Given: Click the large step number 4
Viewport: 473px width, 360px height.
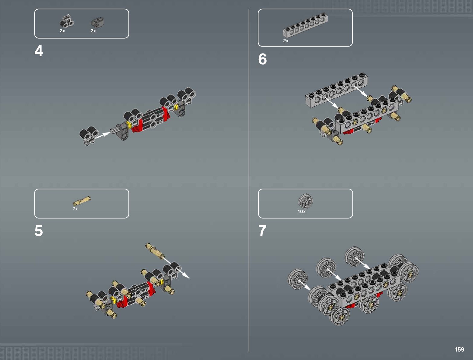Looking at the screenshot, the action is pyautogui.click(x=39, y=51).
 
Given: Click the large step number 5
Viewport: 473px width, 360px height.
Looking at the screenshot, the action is pyautogui.click(x=39, y=231).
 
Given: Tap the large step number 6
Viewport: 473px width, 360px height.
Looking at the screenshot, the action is pyautogui.click(x=262, y=59).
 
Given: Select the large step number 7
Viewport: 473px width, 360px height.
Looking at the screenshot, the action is pyautogui.click(x=262, y=231).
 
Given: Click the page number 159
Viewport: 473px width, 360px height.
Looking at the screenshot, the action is pyautogui.click(x=460, y=349).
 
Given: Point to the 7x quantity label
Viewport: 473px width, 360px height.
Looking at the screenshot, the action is pyautogui.click(x=75, y=209).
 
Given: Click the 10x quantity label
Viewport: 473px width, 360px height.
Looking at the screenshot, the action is pyautogui.click(x=302, y=212).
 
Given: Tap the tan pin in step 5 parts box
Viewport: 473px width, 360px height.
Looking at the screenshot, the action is pyautogui.click(x=82, y=201).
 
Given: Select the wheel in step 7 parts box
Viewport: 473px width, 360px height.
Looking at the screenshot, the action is pyautogui.click(x=306, y=201).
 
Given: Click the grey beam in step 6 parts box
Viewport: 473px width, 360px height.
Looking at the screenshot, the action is pyautogui.click(x=305, y=25).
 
